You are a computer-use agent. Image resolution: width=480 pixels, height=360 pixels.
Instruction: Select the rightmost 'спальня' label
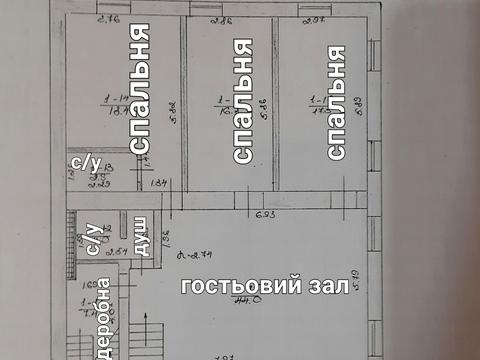[337, 100]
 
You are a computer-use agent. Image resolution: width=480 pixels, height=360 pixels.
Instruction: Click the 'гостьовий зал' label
[264, 287]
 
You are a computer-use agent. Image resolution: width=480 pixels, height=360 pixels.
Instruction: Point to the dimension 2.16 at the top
[112, 18]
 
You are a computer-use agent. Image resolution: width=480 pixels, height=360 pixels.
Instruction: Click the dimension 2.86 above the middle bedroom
[223, 18]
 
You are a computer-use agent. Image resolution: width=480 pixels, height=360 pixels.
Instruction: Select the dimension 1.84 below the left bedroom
[157, 181]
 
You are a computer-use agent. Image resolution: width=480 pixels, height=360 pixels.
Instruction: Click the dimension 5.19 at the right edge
[368, 265]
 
